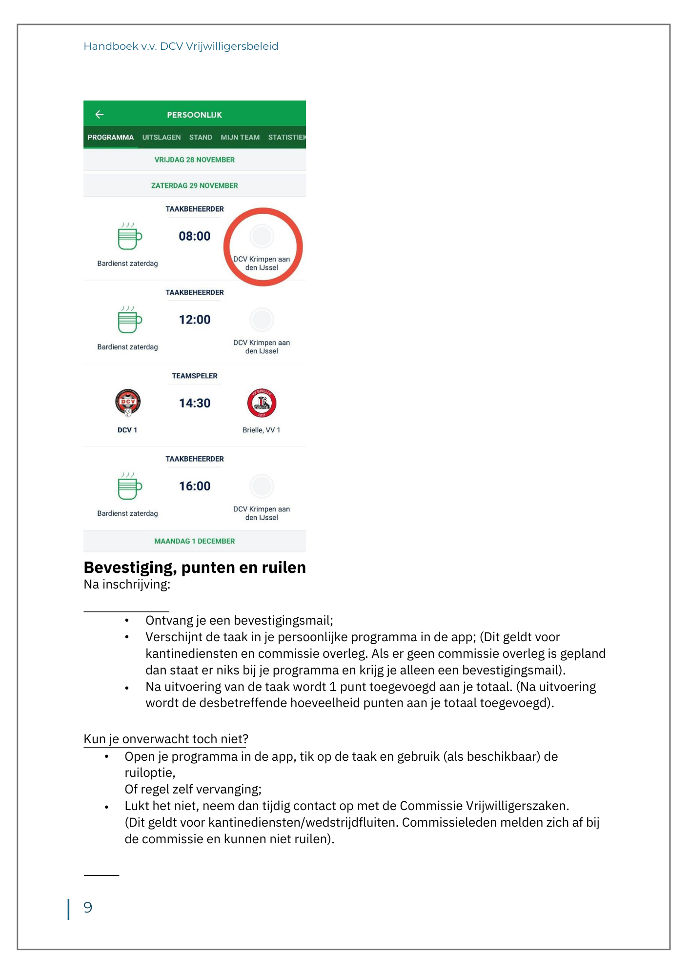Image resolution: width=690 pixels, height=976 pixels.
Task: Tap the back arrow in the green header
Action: point(100,114)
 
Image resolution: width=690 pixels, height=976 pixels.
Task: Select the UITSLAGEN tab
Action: point(162,137)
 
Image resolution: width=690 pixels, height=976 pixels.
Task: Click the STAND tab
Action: point(201,137)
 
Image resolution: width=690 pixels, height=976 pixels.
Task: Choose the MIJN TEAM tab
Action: point(240,137)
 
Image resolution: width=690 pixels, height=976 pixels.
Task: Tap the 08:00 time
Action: point(194,236)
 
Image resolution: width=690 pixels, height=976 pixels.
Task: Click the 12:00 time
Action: point(194,320)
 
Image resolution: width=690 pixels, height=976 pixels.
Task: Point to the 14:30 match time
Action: point(194,403)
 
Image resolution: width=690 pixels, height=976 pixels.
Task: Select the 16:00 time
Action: point(194,486)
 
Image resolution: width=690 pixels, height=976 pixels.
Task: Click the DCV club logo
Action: point(128,403)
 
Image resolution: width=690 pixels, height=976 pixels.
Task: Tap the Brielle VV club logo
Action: point(262,403)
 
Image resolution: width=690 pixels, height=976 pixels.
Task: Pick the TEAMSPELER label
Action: point(194,376)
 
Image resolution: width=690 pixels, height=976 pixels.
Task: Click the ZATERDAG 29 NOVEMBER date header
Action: point(194,185)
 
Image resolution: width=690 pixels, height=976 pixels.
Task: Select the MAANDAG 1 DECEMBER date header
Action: point(194,541)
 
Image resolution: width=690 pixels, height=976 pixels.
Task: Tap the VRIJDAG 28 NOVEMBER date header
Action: point(194,160)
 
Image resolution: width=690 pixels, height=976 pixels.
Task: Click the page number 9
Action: point(88,907)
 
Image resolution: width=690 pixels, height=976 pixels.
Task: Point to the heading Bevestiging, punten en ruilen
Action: point(195,568)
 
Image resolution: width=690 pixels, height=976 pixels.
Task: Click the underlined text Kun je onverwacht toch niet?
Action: point(166,739)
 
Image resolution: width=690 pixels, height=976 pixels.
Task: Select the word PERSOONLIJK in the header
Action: point(194,115)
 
